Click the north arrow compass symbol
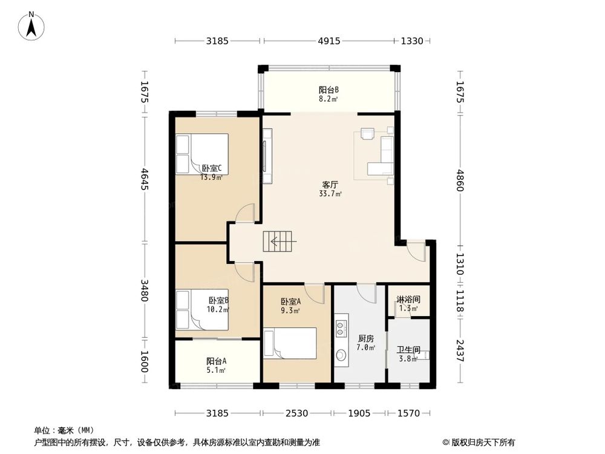click(x=31, y=26)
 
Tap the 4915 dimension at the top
click(x=329, y=41)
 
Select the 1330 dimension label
click(x=411, y=41)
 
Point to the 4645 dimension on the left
click(x=144, y=179)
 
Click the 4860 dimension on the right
click(x=460, y=180)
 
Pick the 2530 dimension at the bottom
click(x=296, y=413)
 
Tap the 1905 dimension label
click(x=359, y=413)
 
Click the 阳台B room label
click(x=329, y=90)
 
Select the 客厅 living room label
click(x=330, y=185)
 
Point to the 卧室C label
click(x=211, y=168)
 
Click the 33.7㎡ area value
click(x=330, y=194)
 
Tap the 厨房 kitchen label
click(x=366, y=339)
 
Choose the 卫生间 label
click(x=408, y=350)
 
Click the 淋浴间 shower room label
click(x=408, y=300)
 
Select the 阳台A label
click(x=216, y=361)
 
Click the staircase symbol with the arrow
click(x=280, y=242)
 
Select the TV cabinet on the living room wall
click(x=267, y=156)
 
